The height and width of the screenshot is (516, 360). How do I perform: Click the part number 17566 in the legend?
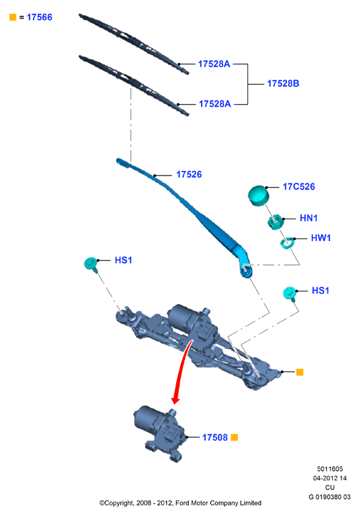[x=39, y=17]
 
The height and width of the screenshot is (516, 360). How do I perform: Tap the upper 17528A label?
[x=213, y=64]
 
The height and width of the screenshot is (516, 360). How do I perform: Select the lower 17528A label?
[x=215, y=104]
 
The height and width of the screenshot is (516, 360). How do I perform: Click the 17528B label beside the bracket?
[x=283, y=83]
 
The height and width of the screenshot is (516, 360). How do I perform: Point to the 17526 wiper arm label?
[x=189, y=174]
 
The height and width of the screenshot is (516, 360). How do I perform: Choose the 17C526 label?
[x=299, y=187]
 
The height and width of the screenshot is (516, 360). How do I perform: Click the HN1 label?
[x=308, y=218]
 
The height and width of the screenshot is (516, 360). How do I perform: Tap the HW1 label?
[x=321, y=238]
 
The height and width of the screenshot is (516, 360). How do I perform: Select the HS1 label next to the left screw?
[x=123, y=260]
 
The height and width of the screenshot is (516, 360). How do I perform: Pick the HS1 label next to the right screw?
[x=320, y=291]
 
